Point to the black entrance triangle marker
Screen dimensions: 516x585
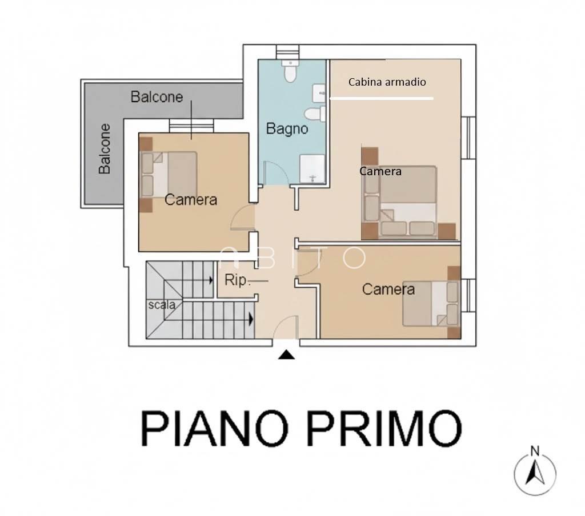[x=286, y=356]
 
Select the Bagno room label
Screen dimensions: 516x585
[x=287, y=129]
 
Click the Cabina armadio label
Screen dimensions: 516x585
[x=387, y=82]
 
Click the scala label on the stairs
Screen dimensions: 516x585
[x=162, y=304]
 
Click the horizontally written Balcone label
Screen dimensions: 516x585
[x=157, y=96]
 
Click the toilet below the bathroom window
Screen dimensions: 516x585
[x=291, y=71]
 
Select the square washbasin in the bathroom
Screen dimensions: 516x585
[x=319, y=91]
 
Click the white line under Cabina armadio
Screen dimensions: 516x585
[x=382, y=99]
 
